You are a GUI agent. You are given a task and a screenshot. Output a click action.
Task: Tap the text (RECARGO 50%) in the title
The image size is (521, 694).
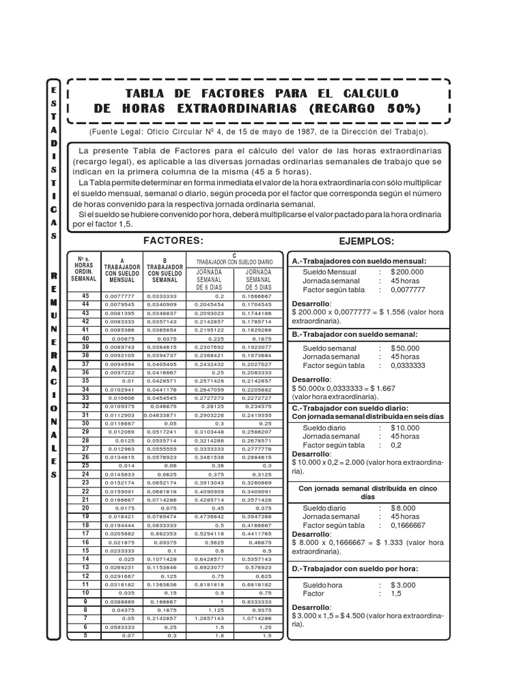pos(365,108)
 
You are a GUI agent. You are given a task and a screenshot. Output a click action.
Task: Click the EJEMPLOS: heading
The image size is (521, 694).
pos(366,241)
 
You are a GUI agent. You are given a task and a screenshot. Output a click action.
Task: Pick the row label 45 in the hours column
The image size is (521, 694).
pos(85,295)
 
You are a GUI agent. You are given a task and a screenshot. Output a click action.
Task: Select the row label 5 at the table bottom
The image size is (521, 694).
pos(85,635)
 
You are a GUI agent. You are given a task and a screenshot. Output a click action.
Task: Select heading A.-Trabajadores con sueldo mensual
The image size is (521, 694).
pos(359,260)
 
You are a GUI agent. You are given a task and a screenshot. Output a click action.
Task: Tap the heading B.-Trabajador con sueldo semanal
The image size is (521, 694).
pos(354,334)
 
